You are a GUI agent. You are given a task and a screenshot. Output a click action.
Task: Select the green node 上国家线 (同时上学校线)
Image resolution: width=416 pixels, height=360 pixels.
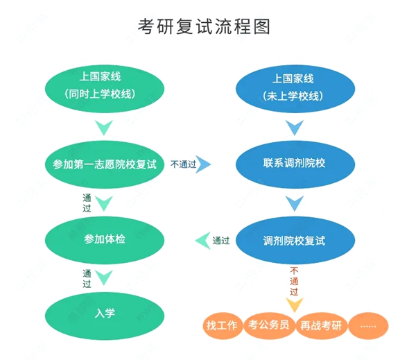click(x=105, y=86)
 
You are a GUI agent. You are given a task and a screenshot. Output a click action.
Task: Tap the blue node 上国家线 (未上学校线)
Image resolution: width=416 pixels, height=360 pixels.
click(x=294, y=86)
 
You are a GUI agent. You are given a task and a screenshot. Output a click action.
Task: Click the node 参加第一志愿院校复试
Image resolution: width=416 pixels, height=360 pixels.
click(x=105, y=164)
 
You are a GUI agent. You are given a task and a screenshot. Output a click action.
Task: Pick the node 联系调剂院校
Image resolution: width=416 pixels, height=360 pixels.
click(x=294, y=164)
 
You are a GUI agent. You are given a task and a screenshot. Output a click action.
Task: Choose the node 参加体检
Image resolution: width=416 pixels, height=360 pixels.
click(x=105, y=239)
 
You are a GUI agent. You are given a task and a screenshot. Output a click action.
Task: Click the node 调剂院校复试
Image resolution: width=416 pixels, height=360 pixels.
click(x=294, y=241)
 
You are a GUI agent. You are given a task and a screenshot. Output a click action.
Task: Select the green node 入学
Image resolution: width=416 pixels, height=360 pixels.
click(x=105, y=313)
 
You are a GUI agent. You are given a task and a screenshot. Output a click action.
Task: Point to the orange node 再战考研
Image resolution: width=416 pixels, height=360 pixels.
click(x=318, y=325)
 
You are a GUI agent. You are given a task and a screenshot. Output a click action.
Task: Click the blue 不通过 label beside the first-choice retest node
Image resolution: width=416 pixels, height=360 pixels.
click(x=182, y=164)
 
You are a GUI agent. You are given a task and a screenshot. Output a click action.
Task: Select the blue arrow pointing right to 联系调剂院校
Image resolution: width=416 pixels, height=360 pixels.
click(x=204, y=165)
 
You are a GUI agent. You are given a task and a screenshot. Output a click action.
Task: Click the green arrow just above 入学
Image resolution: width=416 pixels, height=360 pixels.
click(x=104, y=278)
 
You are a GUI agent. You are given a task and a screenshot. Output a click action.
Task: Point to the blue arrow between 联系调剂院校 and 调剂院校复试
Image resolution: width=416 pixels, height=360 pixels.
click(x=295, y=203)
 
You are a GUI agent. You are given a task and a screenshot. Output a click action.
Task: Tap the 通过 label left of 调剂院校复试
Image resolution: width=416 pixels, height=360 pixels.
click(x=220, y=241)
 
